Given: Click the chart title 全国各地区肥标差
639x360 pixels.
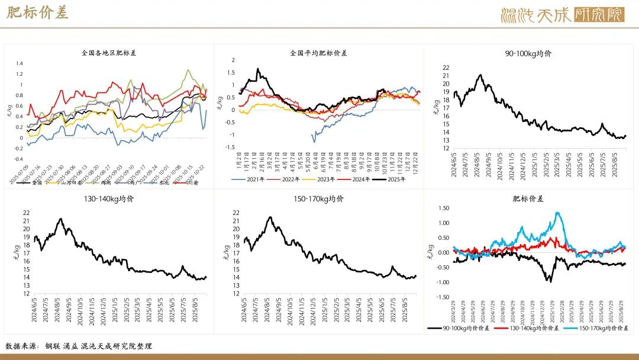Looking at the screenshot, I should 109,53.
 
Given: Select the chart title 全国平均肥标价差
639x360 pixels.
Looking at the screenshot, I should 318,53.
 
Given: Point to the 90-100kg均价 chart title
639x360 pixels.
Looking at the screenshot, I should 528,53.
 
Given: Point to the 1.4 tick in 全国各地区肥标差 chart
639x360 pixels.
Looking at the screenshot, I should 19,63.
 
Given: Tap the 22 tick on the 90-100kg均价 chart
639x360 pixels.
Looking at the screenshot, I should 446,67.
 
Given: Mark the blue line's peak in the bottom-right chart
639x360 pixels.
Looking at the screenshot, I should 557,213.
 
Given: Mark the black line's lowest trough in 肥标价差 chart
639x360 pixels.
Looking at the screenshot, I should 550,281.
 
